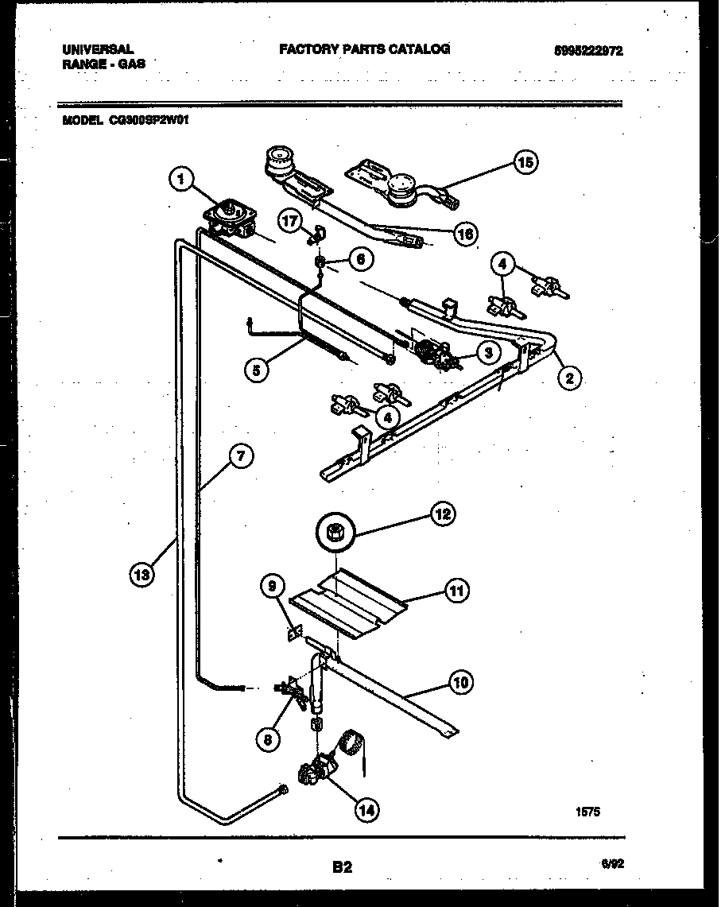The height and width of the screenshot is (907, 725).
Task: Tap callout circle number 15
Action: (x=524, y=163)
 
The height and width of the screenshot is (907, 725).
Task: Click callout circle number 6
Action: (x=360, y=258)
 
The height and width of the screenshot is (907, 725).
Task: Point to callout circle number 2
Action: (x=568, y=378)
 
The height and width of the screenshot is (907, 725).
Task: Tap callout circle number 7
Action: (x=241, y=456)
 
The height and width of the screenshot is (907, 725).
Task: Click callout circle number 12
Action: (x=441, y=515)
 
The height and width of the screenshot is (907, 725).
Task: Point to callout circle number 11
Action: (x=457, y=591)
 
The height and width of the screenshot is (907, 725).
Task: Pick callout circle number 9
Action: (x=273, y=587)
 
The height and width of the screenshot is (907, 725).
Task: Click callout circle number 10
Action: (x=460, y=681)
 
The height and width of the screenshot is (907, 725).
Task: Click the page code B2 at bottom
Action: (x=342, y=868)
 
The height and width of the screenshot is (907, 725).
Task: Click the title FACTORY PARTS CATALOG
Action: (x=364, y=49)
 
